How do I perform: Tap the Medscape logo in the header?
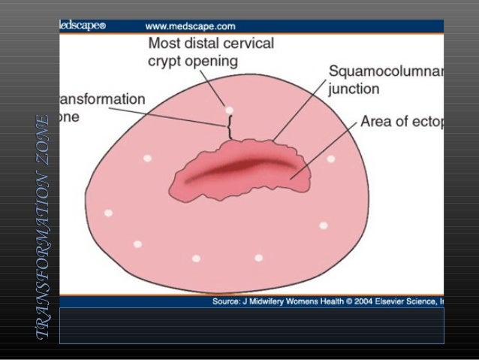[83, 26]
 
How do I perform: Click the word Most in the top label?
[165, 44]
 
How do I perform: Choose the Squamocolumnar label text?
[385, 72]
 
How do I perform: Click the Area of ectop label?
[402, 121]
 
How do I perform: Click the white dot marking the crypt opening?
[229, 110]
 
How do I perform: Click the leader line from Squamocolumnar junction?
[300, 113]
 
